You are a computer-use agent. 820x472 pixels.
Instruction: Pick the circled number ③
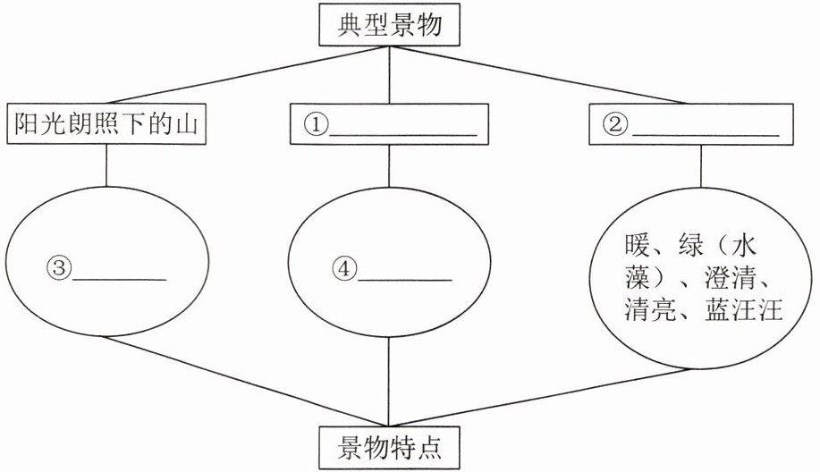(x=58, y=267)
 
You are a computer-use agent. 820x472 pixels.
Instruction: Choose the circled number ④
(x=344, y=267)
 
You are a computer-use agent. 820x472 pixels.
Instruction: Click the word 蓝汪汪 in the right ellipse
(x=748, y=312)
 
